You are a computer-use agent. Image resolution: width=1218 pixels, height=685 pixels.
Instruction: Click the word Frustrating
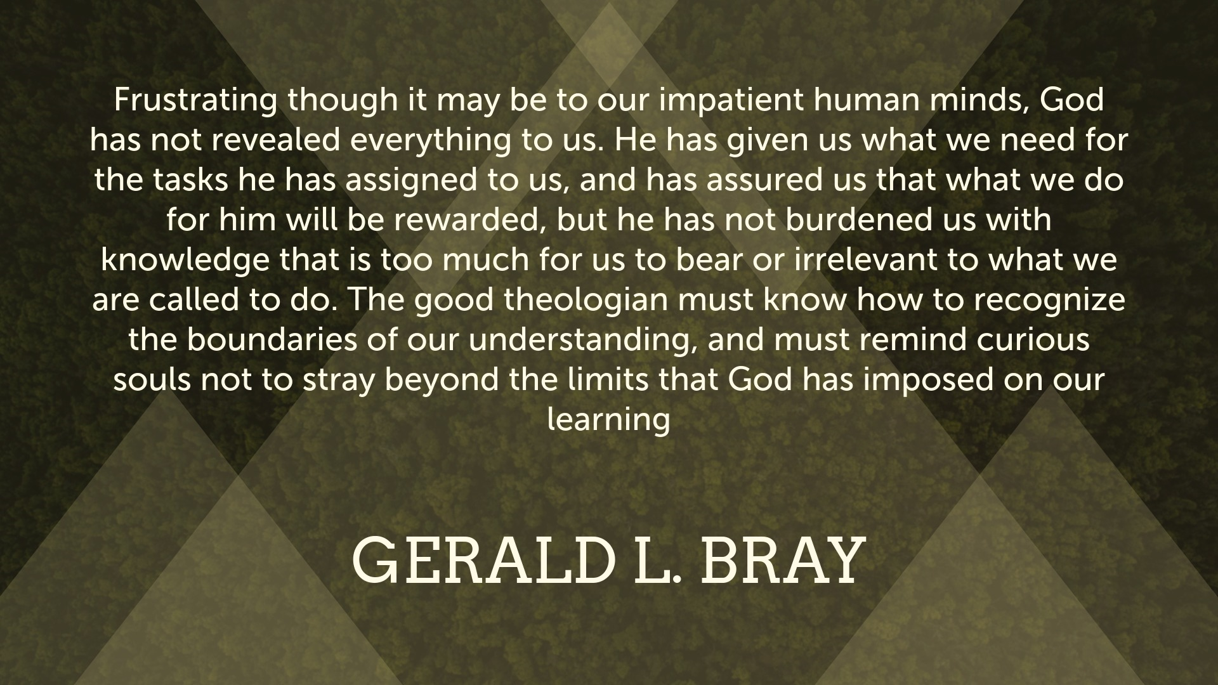pyautogui.click(x=195, y=101)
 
